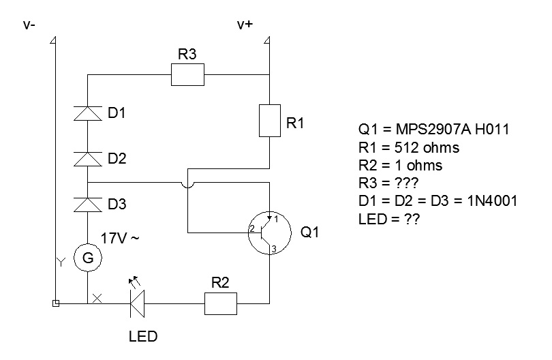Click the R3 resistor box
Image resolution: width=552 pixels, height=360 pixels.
[187, 75]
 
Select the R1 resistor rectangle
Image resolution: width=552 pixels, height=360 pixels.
[269, 121]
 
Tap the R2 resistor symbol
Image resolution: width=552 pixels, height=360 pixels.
[221, 303]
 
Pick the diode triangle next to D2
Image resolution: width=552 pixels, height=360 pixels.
[88, 159]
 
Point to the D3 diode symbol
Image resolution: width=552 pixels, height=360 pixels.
[88, 204]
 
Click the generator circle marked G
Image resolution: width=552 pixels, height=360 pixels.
[88, 258]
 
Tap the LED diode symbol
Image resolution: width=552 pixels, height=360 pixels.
[137, 303]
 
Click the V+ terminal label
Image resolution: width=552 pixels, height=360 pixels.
[245, 25]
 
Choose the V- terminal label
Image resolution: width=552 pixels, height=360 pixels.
[29, 25]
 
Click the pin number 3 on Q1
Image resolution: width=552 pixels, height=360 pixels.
[274, 250]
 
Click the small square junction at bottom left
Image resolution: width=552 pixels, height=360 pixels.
[56, 303]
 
